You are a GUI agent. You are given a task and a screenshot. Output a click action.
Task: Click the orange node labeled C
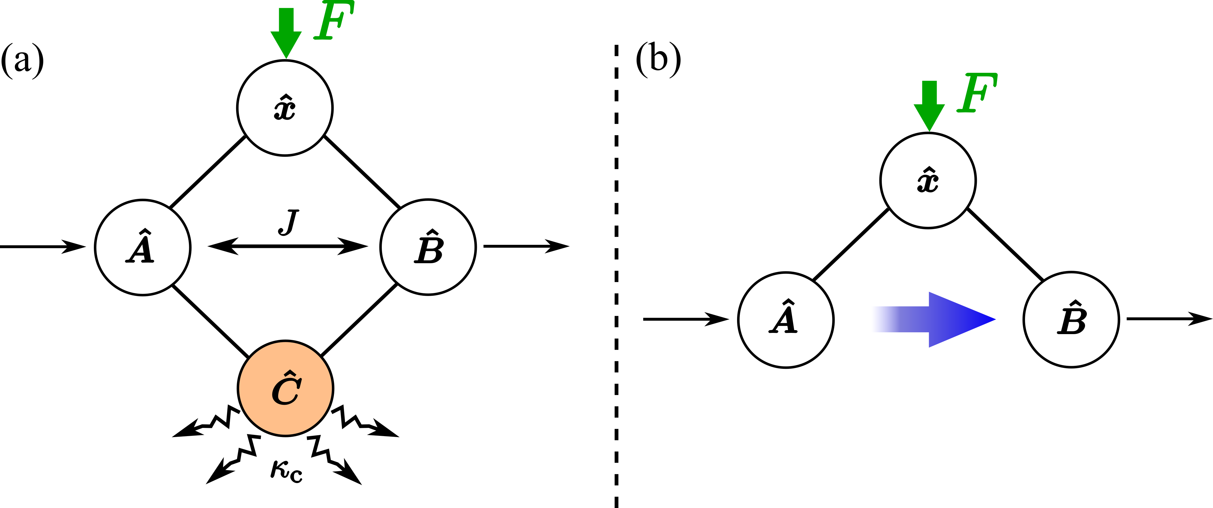pos(286,388)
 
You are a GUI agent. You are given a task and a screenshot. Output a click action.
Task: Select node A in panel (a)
pos(142,247)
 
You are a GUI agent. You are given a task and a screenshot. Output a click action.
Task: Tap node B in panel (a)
pos(428,247)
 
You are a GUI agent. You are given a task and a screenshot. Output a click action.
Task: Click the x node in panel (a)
pos(285,108)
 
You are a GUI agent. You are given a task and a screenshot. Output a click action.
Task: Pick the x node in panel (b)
pos(927,181)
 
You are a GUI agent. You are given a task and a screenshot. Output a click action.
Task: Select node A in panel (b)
pos(786,320)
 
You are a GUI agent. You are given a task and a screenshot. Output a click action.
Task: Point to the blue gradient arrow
pos(937,320)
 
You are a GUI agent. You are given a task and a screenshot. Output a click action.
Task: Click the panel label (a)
pos(22,60)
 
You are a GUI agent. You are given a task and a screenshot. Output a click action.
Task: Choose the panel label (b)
pos(658,59)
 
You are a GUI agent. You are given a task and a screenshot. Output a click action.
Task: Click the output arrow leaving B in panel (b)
pos(1168,319)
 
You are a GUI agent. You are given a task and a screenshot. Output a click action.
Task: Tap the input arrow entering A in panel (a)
pos(42,246)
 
